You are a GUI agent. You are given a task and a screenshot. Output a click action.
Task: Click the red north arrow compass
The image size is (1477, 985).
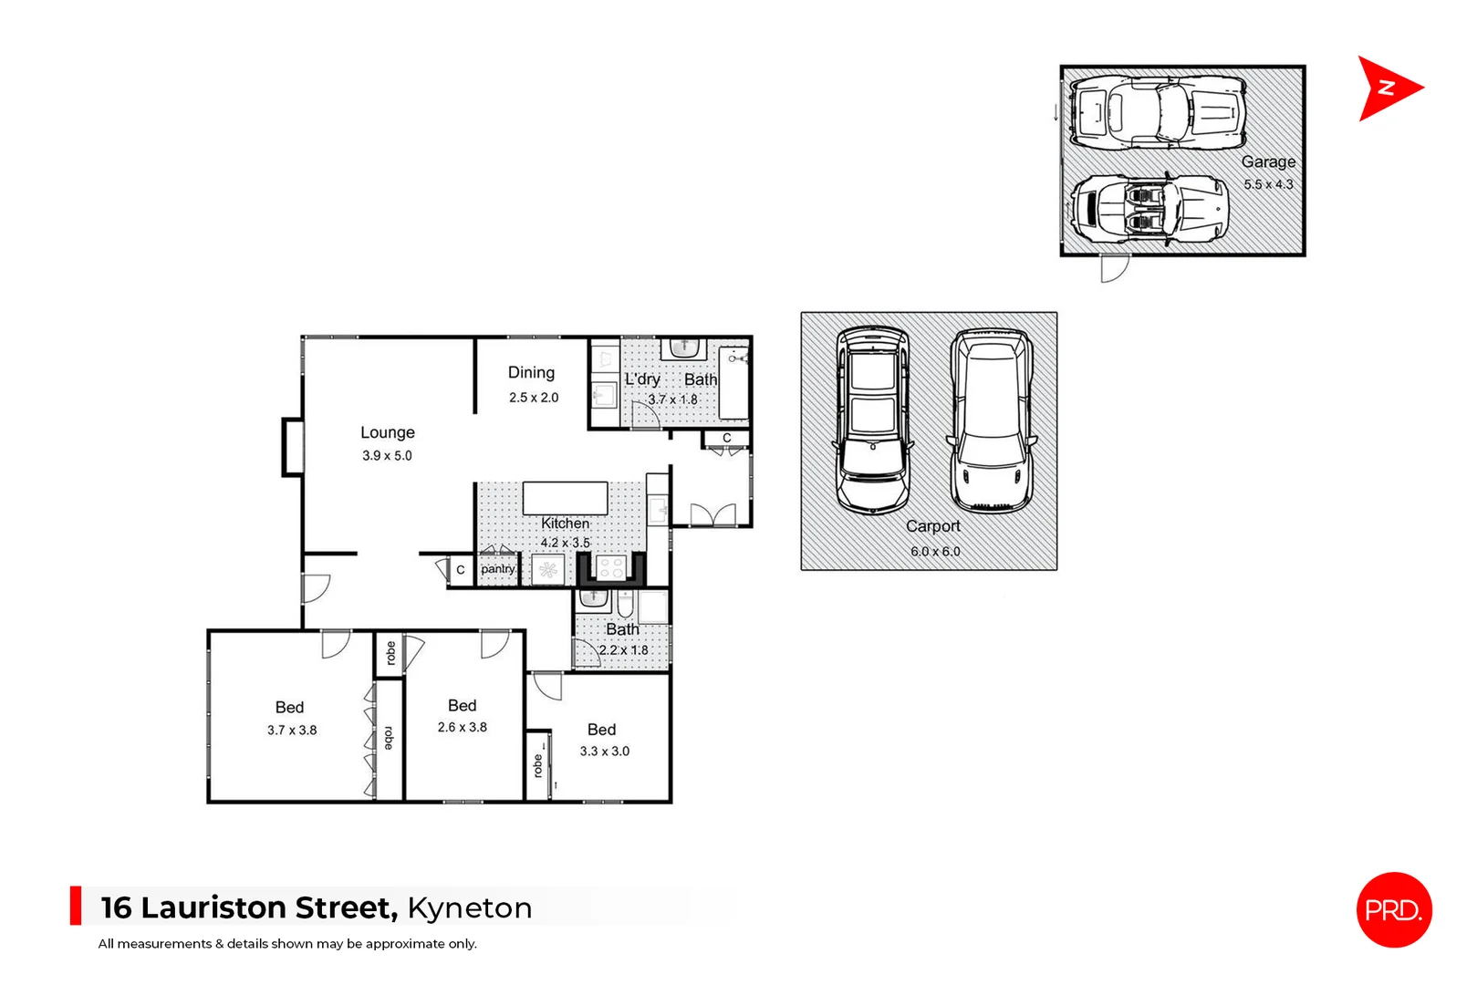1387,88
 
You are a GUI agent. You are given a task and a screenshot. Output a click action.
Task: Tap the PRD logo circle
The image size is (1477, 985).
1393,909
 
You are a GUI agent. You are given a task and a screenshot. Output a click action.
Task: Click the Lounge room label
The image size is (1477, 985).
388,432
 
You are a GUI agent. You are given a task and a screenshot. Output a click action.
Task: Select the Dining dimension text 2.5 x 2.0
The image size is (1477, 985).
534,398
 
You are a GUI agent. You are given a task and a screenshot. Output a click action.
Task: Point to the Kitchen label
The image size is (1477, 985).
566,523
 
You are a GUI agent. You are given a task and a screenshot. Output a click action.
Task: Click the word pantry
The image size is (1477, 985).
498,569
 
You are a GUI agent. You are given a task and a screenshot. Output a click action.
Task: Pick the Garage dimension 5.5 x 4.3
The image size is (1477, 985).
1268,184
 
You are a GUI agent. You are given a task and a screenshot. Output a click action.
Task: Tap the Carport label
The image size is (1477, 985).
932,526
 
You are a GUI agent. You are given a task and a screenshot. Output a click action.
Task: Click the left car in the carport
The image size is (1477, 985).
873,420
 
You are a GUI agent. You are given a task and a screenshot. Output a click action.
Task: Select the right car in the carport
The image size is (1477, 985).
992,420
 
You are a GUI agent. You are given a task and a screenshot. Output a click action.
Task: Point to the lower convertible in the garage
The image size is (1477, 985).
1149,210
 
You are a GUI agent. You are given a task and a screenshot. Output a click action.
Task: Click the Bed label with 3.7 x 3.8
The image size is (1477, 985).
289,707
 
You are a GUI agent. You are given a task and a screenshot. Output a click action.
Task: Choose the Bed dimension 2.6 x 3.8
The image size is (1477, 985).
463,727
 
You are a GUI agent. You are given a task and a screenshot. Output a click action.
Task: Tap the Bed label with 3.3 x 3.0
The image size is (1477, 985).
601,729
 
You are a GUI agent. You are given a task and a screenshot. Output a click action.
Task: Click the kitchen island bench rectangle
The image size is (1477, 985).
565,498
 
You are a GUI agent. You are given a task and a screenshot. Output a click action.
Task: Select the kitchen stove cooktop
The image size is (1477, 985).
610,569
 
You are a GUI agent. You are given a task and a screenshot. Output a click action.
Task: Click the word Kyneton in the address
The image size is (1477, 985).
470,907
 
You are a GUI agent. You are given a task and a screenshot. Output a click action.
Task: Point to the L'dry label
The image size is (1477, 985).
642,379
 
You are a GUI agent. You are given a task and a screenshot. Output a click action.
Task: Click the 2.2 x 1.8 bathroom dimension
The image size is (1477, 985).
623,650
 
